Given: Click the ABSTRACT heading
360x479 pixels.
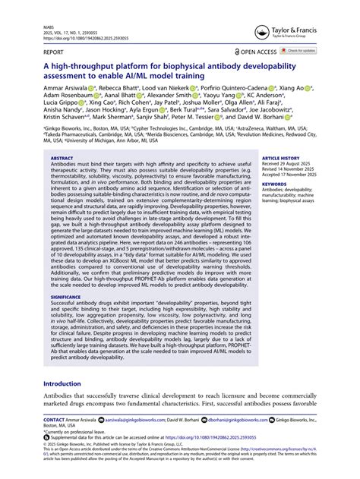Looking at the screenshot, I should click(62, 159).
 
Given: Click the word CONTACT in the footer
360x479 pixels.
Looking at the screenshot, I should click(54, 419).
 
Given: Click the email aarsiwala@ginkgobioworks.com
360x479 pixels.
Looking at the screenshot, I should click(140, 419).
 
